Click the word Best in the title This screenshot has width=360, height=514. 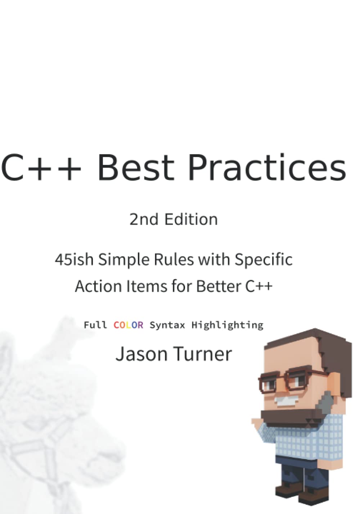pos(136,167)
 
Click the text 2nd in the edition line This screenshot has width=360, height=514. pos(144,219)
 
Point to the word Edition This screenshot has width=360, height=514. pos(191,219)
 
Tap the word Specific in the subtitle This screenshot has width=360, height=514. pos(264,260)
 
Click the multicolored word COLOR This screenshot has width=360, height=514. pos(128,325)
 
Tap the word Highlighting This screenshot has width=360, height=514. pos(227,326)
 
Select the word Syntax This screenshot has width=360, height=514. pos(167,326)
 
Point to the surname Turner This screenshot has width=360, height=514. pos(203,354)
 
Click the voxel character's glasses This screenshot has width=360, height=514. pos(288,382)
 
